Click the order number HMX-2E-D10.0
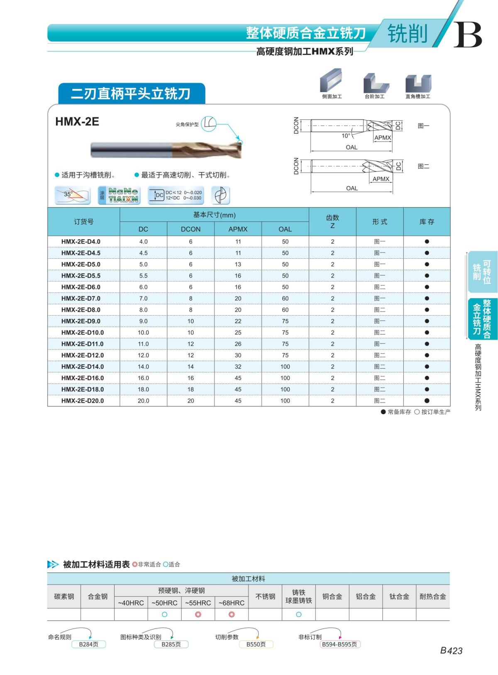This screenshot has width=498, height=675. (x=83, y=333)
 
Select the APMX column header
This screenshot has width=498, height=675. (x=238, y=229)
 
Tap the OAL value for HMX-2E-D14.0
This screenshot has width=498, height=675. (x=285, y=367)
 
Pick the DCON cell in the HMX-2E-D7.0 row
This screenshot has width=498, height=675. (x=190, y=299)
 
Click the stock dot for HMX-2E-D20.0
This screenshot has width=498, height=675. (x=427, y=401)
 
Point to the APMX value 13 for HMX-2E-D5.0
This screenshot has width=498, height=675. (x=238, y=264)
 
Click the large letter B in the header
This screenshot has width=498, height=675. (x=467, y=35)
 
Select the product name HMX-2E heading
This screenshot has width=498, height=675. (x=77, y=122)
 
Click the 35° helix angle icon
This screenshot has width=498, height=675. (x=73, y=195)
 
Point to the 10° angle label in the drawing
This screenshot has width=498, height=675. (x=346, y=136)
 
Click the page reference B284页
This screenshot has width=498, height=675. (x=88, y=644)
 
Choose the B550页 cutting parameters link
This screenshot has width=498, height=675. (x=256, y=644)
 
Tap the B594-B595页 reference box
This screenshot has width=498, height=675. (x=339, y=644)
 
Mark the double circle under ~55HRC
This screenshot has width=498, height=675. (x=198, y=614)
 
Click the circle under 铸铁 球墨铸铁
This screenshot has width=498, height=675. (x=299, y=614)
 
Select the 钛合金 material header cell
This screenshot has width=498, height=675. (x=399, y=596)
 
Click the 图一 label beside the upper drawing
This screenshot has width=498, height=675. (x=423, y=126)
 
